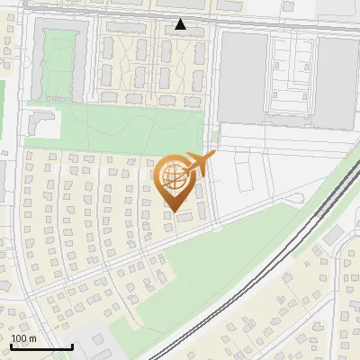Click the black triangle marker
point(181,24)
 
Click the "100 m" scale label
point(24,337)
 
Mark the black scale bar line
point(41,346)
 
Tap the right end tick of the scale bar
point(72,345)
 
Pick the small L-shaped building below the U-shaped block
point(40,121)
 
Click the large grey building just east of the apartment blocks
point(240,76)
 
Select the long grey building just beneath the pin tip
point(184,217)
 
